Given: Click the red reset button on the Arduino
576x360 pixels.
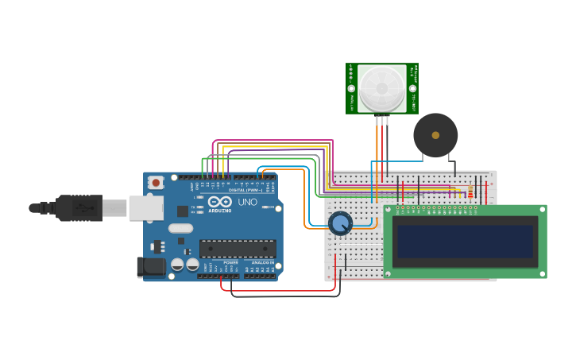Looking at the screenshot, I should coord(156,182).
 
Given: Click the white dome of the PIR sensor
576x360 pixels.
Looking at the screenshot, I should coord(381,87).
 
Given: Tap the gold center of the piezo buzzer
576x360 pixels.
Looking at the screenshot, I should coord(435,135).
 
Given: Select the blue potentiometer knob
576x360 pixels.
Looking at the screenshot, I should coord(340,223).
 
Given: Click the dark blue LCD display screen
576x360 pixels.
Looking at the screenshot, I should coord(466,242).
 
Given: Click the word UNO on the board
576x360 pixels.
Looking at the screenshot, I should coord(247,202).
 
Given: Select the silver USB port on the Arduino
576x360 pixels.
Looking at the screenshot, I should coord(145,208).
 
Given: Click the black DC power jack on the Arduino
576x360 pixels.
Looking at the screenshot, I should coord(151,267).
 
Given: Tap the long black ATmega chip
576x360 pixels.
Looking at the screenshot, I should coord(238,248).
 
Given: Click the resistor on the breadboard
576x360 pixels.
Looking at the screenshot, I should coord(470,192).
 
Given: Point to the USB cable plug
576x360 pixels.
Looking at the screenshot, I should coord(79,208).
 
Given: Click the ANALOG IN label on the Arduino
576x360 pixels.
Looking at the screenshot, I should coord(262,262).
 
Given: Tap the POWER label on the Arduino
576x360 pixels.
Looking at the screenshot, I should coord(230,262).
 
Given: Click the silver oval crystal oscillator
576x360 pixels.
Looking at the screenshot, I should coord(180,229).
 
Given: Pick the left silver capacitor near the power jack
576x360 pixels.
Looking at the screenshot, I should coord(178,265).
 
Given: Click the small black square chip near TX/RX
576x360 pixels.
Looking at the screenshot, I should coord(183,211).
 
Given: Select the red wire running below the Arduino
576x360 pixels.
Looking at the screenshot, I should coord(278,291).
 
